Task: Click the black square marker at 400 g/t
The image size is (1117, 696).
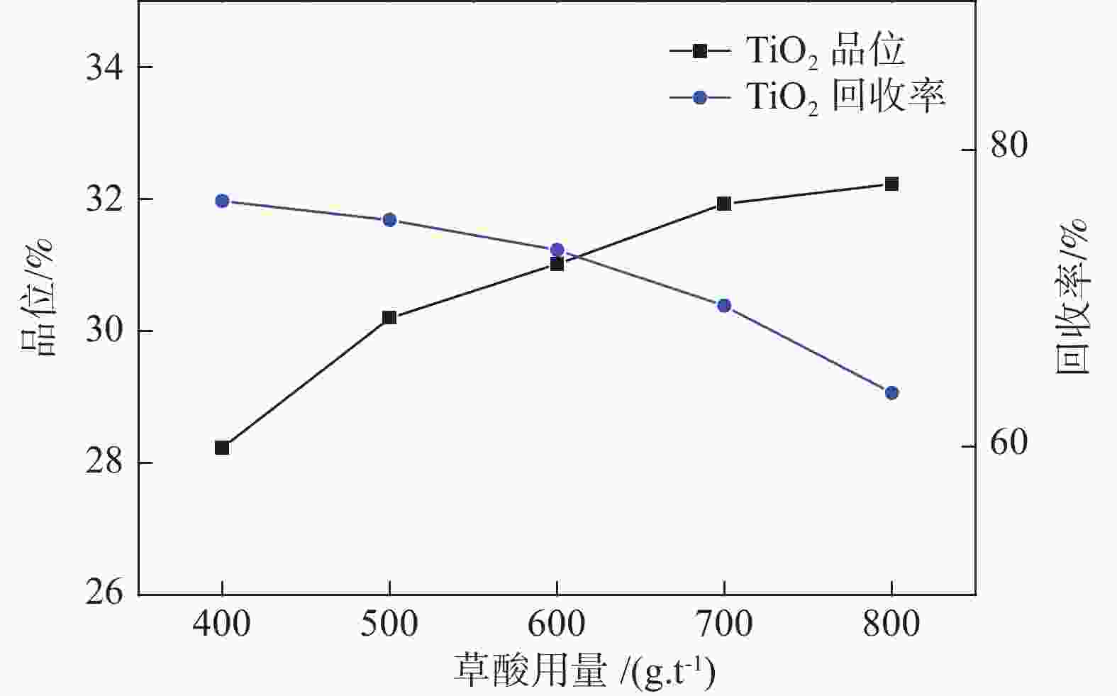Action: click(x=222, y=448)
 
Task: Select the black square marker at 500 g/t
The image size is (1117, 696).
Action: click(x=389, y=317)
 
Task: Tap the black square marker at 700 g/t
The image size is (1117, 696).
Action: click(x=724, y=204)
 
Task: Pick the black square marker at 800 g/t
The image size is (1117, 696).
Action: click(x=891, y=184)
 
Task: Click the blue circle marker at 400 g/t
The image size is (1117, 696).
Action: click(x=222, y=201)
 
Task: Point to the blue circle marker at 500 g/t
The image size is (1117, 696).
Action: click(x=389, y=220)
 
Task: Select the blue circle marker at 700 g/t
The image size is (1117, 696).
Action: click(x=724, y=306)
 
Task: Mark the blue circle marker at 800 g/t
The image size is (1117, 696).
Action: click(x=891, y=393)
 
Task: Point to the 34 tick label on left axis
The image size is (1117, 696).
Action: click(x=104, y=67)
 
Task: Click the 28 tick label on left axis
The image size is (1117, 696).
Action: click(x=104, y=463)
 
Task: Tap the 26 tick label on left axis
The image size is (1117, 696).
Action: click(x=104, y=595)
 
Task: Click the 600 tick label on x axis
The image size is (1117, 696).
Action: click(x=557, y=625)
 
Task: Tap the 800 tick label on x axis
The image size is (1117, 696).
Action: click(x=891, y=625)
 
